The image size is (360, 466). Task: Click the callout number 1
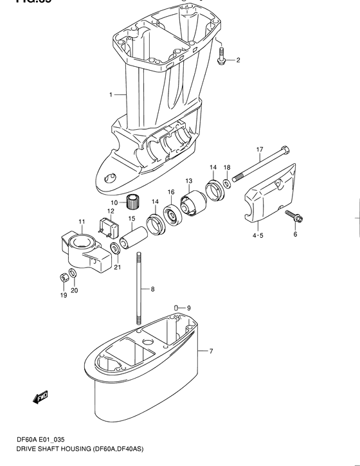[111, 95]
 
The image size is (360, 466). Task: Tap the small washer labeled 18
[227, 186]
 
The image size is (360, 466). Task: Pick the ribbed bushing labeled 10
[132, 203]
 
